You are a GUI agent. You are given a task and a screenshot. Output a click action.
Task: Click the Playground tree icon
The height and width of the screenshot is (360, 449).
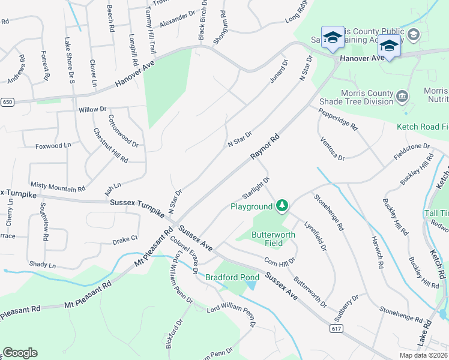[282, 206]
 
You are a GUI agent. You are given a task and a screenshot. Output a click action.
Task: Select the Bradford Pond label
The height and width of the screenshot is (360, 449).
[232, 277]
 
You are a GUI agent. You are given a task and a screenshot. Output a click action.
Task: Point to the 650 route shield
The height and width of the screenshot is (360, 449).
[7, 103]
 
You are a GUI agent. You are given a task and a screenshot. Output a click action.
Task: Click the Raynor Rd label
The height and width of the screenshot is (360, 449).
[265, 147]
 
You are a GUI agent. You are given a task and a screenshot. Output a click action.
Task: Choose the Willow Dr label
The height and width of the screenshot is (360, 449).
[92, 110]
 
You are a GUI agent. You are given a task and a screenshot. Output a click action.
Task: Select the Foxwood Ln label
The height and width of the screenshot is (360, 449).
[53, 146]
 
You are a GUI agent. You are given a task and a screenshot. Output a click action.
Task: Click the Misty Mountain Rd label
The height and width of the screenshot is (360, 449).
[57, 188]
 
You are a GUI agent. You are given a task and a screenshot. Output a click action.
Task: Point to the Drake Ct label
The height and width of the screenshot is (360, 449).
[125, 239]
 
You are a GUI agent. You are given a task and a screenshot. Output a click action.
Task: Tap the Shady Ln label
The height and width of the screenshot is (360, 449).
[42, 265]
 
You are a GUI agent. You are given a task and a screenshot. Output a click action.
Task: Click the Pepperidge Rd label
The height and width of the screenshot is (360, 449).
[337, 119]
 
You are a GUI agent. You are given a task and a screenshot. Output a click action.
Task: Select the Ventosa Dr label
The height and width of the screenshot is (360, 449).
[332, 148]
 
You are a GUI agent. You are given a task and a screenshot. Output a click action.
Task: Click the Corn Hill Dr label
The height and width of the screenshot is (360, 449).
[280, 262]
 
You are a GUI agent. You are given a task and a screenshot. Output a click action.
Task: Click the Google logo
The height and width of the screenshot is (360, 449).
[20, 353]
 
